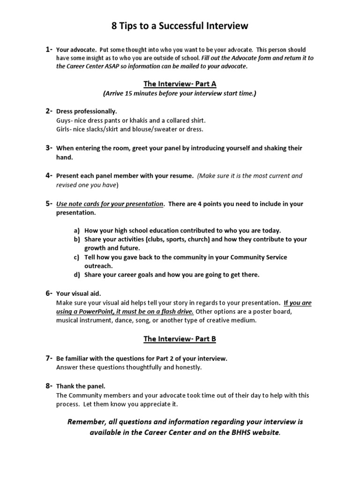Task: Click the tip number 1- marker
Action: pyautogui.click(x=49, y=49)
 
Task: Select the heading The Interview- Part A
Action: pyautogui.click(x=180, y=84)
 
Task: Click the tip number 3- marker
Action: pyautogui.click(x=49, y=148)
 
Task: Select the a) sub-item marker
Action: pyautogui.click(x=77, y=231)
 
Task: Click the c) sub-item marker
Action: pyautogui.click(x=77, y=257)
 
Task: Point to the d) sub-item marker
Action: pyautogui.click(x=77, y=275)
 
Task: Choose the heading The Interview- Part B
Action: pyautogui.click(x=180, y=338)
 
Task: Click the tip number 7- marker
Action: pyautogui.click(x=49, y=358)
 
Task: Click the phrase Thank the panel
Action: pyautogui.click(x=81, y=386)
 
